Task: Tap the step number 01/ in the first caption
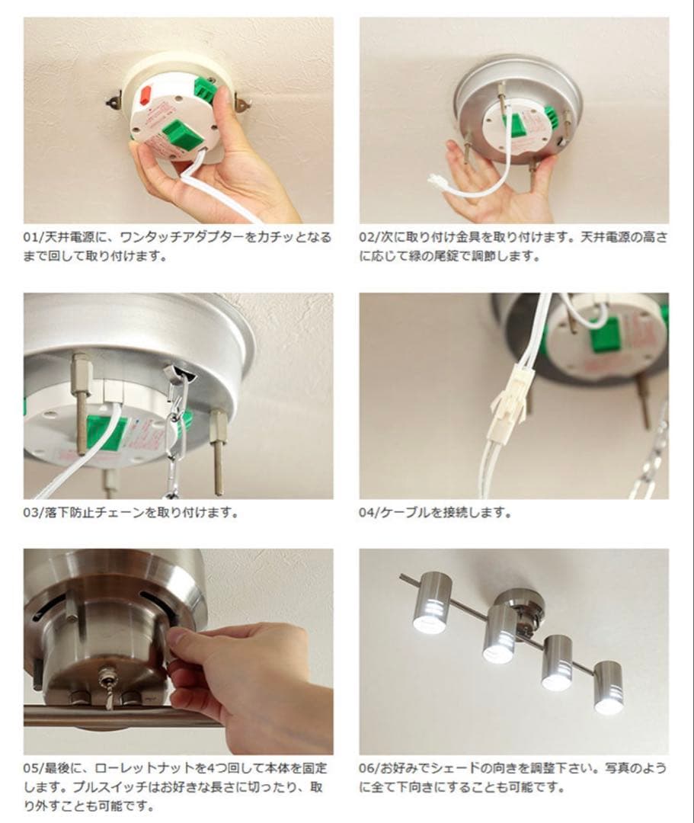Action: (x=34, y=237)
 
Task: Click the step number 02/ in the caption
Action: (x=369, y=237)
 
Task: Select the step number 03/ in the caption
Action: (x=34, y=513)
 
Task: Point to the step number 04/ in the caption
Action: (x=369, y=513)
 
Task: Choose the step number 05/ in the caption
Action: (x=34, y=768)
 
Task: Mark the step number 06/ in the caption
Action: (x=369, y=768)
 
